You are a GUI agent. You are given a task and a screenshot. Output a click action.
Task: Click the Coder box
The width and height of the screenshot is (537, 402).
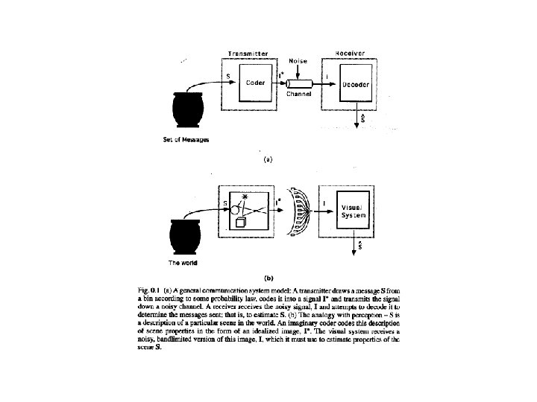tap(255, 83)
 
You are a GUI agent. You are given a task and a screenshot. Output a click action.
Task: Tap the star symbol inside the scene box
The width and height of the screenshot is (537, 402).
tap(242, 195)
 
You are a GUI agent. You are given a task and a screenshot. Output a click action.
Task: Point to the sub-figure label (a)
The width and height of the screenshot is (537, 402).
tap(268, 158)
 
